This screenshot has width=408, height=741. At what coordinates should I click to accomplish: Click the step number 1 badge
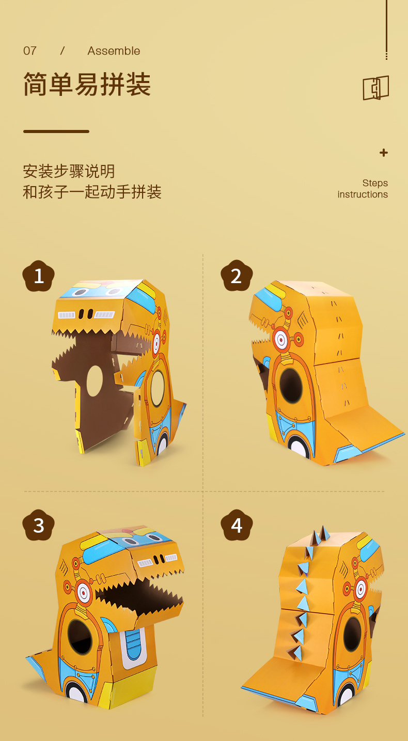(x=39, y=276)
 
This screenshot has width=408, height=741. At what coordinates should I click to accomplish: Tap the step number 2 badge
(x=237, y=276)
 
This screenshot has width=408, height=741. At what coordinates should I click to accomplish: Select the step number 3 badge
(x=39, y=525)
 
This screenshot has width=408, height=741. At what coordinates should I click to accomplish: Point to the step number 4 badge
(x=237, y=525)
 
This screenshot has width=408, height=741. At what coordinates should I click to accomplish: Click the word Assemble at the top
(x=114, y=51)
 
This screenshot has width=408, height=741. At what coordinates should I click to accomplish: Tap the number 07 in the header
(x=30, y=51)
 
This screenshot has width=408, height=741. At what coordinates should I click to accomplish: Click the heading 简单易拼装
(x=87, y=84)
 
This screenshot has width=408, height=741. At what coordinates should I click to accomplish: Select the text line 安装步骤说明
(x=69, y=171)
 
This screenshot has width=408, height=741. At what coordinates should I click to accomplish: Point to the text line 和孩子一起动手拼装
(x=92, y=192)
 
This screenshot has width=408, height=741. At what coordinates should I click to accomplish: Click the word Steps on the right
(x=375, y=183)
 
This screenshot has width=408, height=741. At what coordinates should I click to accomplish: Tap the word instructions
(x=363, y=194)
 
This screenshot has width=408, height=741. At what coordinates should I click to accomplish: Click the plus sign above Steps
(x=383, y=153)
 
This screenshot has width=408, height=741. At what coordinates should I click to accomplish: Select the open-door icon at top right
(x=375, y=88)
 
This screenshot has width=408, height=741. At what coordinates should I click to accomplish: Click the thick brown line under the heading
(x=56, y=131)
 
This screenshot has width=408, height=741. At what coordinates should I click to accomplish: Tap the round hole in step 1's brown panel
(x=95, y=381)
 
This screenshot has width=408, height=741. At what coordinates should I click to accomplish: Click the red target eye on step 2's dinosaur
(x=281, y=339)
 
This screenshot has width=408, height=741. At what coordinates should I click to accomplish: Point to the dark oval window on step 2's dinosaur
(x=291, y=385)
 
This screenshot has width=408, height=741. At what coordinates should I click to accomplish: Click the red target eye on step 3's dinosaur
(x=83, y=594)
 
